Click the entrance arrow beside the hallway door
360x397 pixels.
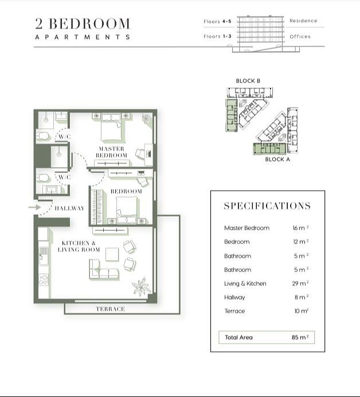[35, 207]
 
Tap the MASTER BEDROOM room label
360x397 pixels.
[111, 152]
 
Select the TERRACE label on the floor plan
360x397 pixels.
[111, 309]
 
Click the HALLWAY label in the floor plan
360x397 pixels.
[70, 208]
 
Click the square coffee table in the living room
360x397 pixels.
[112, 254]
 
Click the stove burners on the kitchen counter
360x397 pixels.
[44, 280]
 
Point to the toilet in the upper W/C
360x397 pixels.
[42, 136]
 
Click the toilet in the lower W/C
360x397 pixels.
[42, 178]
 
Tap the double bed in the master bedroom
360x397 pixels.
[111, 127]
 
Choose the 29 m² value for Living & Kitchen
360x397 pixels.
[300, 284]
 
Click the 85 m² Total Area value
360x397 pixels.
[300, 337]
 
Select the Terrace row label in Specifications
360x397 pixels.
[234, 311]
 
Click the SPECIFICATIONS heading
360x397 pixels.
[267, 206]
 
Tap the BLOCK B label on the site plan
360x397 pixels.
[248, 81]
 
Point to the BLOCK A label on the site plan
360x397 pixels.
[277, 159]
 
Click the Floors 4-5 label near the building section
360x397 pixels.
[217, 22]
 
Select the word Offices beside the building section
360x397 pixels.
[300, 37]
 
